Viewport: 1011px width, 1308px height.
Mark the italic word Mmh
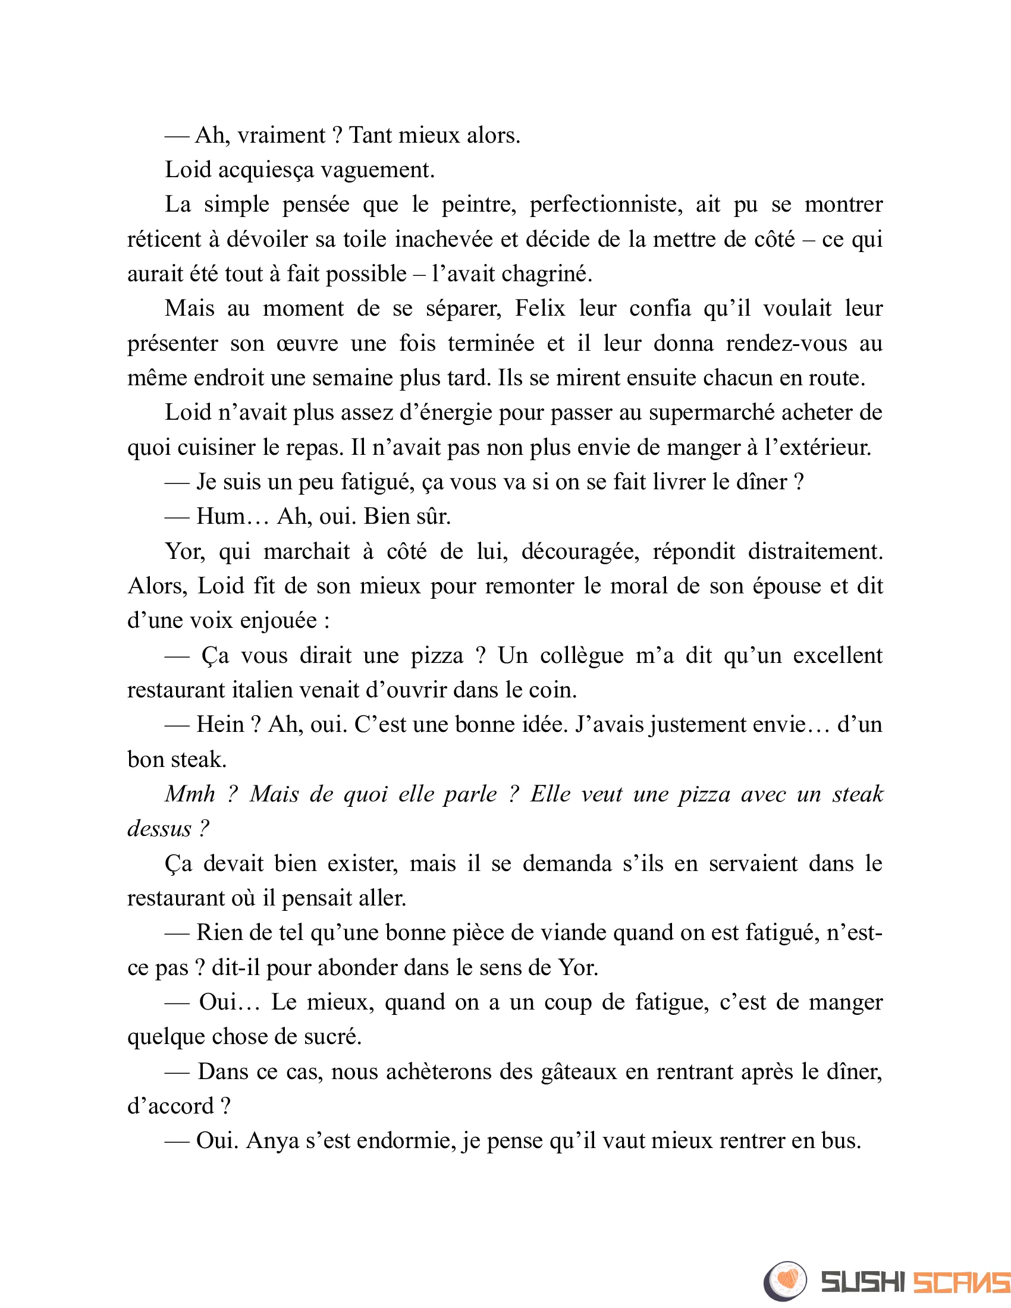click(x=190, y=794)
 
